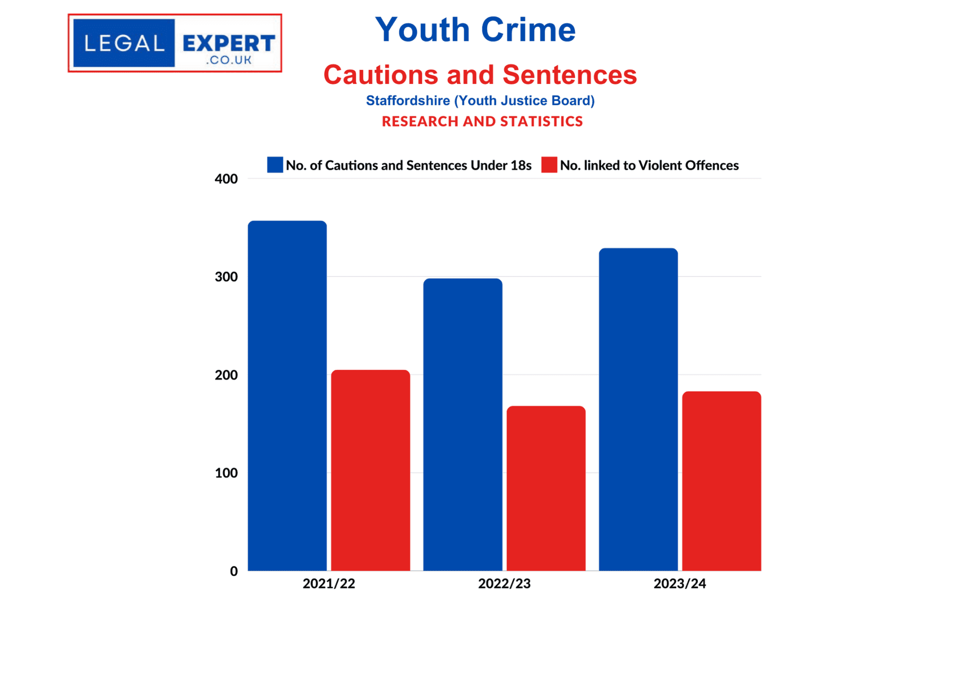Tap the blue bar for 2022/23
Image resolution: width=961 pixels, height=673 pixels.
coord(463,424)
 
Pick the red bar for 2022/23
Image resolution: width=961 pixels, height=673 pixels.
coord(546,488)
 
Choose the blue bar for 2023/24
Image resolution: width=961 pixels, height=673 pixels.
coord(638,409)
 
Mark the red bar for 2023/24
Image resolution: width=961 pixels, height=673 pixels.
coord(721,481)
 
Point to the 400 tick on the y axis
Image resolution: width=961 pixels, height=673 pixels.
coord(226,179)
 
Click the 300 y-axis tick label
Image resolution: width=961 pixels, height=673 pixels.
coord(226,277)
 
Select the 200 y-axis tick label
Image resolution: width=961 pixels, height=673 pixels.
coord(226,375)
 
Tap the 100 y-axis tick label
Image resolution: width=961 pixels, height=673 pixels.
coord(226,473)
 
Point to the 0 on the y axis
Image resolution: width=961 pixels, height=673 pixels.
coord(234,571)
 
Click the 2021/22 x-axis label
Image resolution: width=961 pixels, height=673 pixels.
coord(328,583)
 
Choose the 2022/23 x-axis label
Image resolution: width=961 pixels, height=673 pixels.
coord(504,583)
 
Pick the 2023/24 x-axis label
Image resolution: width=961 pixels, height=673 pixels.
coord(679,583)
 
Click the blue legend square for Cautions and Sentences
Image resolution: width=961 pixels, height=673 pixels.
coord(275,165)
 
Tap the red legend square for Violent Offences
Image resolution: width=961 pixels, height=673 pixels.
coord(549,165)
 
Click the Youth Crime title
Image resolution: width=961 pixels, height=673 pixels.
coord(475,30)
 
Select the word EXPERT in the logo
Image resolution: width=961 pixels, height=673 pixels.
coord(229,43)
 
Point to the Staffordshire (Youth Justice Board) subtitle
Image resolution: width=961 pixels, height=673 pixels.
coord(480,100)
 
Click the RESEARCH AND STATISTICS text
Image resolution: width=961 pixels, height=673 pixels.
coord(482,122)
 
